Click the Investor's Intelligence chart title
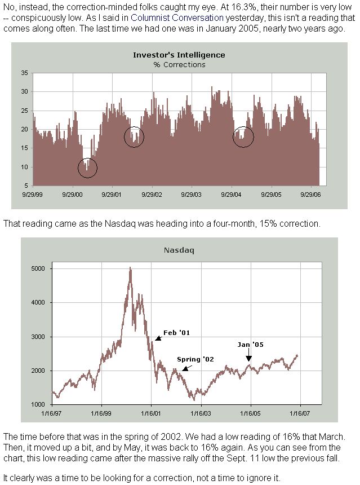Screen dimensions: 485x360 click(179, 55)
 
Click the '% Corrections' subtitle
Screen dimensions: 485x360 click(179, 64)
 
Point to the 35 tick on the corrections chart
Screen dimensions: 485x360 click(24, 73)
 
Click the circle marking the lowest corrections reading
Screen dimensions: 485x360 click(87, 167)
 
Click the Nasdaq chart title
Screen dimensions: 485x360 click(179, 250)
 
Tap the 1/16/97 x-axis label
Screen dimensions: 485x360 click(52, 413)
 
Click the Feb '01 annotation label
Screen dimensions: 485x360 click(176, 333)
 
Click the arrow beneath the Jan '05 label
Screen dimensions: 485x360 click(248, 355)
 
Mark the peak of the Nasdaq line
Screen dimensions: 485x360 click(130, 268)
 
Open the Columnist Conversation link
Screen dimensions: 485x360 click(175, 18)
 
